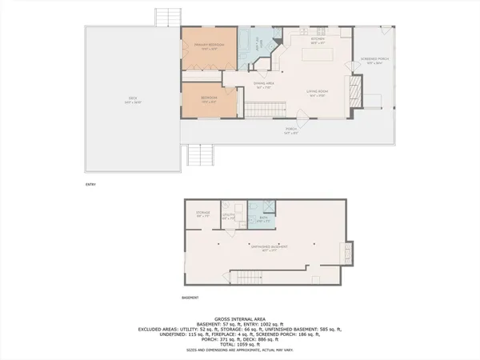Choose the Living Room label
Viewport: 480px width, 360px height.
(x=317, y=93)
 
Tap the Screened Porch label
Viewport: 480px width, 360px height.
(x=374, y=61)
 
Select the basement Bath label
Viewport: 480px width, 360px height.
(x=263, y=217)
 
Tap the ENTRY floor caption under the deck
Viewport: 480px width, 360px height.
(x=90, y=185)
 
